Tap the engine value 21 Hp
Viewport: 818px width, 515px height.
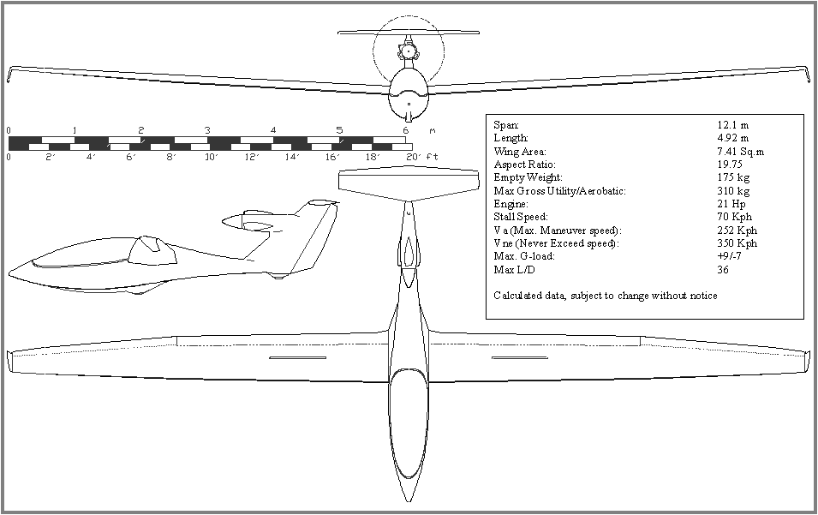click(730, 204)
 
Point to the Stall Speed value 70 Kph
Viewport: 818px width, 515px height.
click(734, 217)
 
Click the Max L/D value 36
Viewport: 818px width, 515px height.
click(723, 270)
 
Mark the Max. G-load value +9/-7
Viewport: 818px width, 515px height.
click(730, 256)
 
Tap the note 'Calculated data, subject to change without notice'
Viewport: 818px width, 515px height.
click(606, 296)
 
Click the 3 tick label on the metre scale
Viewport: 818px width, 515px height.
click(207, 130)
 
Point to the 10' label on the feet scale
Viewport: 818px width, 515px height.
click(211, 157)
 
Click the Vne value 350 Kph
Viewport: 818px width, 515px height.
click(737, 243)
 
